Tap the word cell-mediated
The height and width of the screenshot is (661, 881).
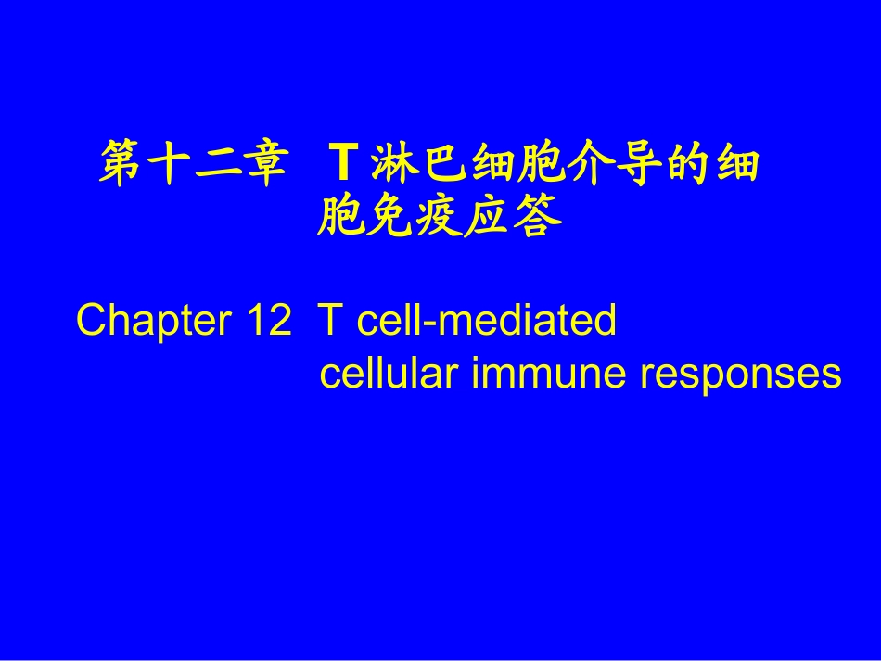(487, 321)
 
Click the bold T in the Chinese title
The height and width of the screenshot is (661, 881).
(340, 165)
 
